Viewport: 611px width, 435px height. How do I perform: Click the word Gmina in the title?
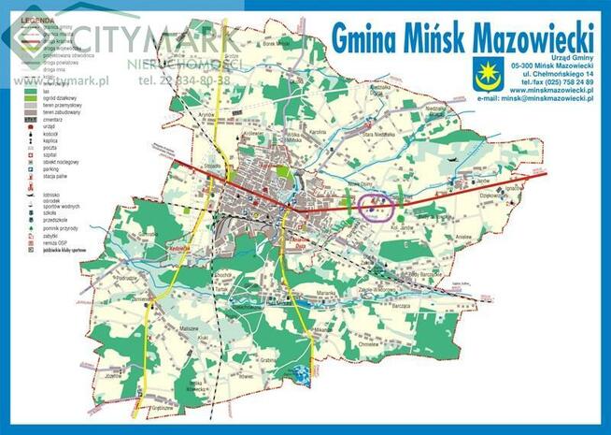365,38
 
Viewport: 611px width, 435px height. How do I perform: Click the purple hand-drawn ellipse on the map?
376,206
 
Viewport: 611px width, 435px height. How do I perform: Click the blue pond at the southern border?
301,375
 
